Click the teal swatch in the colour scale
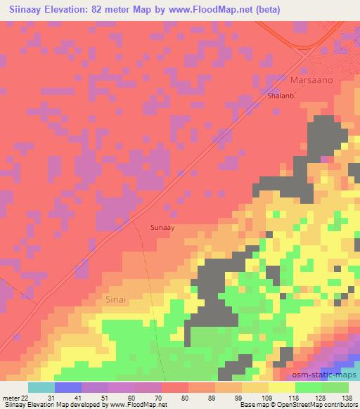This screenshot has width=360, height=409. point(41,388)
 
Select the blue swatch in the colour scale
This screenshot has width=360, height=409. point(68,388)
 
